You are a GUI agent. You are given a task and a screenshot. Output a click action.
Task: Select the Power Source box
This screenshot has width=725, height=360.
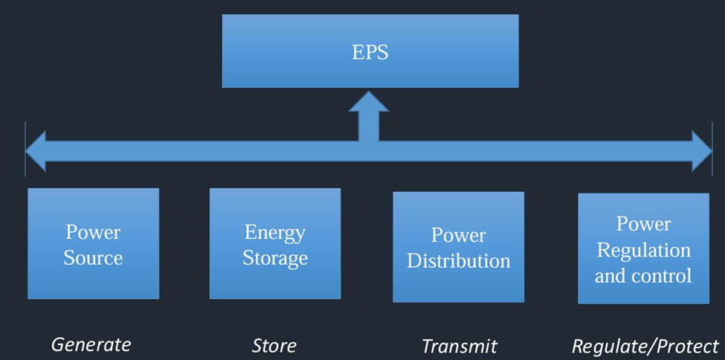(x=93, y=243)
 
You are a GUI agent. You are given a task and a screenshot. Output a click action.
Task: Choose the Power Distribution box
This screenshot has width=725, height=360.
(x=458, y=247)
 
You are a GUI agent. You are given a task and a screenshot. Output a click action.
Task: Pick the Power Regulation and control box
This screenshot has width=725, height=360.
(x=643, y=248)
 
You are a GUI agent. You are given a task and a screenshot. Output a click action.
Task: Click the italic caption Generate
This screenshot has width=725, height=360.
(x=91, y=344)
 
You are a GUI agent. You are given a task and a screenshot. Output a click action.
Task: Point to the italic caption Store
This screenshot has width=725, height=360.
(x=274, y=346)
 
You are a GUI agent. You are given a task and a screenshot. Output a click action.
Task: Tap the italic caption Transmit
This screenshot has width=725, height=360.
(x=459, y=346)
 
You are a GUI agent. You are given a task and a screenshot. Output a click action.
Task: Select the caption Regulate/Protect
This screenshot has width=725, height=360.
(x=645, y=346)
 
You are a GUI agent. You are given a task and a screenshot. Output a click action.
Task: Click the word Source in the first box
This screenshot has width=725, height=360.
(x=93, y=258)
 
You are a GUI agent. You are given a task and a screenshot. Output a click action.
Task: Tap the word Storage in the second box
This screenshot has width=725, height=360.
(x=275, y=258)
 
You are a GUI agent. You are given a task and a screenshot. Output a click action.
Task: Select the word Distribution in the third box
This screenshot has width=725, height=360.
(x=459, y=261)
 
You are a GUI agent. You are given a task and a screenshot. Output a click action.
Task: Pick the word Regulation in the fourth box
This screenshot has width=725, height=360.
(x=644, y=250)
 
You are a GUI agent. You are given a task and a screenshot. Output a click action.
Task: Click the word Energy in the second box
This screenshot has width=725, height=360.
(x=275, y=232)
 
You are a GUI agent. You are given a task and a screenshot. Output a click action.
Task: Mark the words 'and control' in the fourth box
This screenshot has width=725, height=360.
(x=643, y=275)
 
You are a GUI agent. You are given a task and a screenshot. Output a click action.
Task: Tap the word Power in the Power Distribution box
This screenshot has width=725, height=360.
(x=458, y=235)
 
